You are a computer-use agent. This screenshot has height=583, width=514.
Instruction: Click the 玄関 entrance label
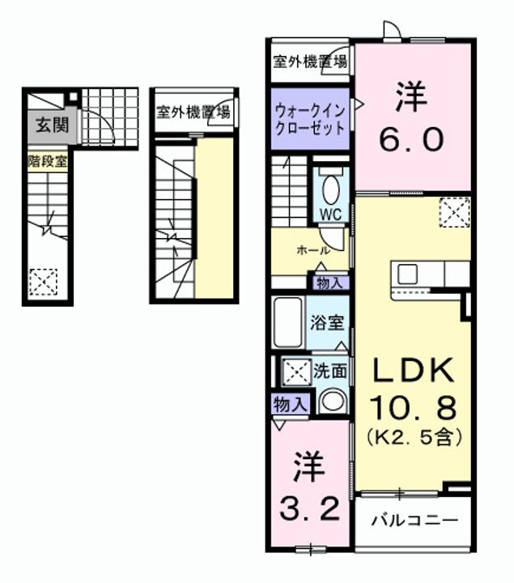coord(50,126)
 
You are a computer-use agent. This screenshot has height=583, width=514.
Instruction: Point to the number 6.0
coord(412,140)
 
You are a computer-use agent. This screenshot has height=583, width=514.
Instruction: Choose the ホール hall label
coord(313,251)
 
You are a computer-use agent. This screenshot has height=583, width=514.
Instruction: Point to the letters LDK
coord(411,371)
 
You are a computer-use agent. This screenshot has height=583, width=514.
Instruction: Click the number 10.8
coord(413,404)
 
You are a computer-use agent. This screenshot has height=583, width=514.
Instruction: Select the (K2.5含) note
coord(414,437)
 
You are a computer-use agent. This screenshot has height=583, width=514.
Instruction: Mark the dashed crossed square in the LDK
coord(454,212)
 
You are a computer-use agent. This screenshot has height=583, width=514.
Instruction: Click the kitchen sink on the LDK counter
coord(406,272)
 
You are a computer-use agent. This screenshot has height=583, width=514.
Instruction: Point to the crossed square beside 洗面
coord(292,372)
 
